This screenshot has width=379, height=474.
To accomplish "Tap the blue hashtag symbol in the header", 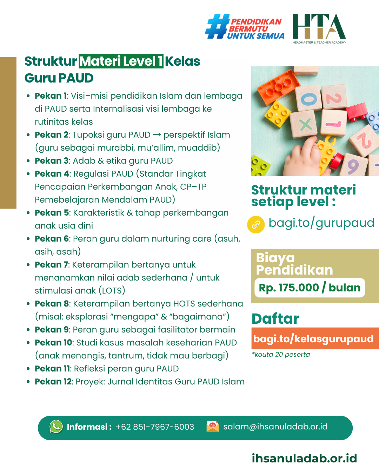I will [218, 26].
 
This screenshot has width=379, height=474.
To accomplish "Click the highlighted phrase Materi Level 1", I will [121, 61].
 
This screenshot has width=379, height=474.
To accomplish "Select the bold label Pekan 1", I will [51, 96].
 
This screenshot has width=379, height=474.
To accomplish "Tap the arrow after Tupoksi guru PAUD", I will [157, 135].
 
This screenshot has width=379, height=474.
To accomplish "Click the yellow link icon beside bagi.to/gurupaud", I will [256, 224].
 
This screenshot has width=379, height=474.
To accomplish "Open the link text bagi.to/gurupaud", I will [321, 223].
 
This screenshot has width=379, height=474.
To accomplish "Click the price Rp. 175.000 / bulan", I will [310, 288].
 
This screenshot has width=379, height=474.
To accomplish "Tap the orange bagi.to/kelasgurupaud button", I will [313, 338].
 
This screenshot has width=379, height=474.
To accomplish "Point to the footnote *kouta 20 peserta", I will [281, 355].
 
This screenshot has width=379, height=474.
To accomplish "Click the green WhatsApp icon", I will [56, 427].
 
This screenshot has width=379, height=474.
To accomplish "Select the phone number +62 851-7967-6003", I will [155, 427].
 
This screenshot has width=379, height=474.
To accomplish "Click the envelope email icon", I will [213, 426].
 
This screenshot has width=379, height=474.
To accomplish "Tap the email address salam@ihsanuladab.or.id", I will [275, 427].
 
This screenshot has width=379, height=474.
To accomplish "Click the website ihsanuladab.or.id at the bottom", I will [304, 458].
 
